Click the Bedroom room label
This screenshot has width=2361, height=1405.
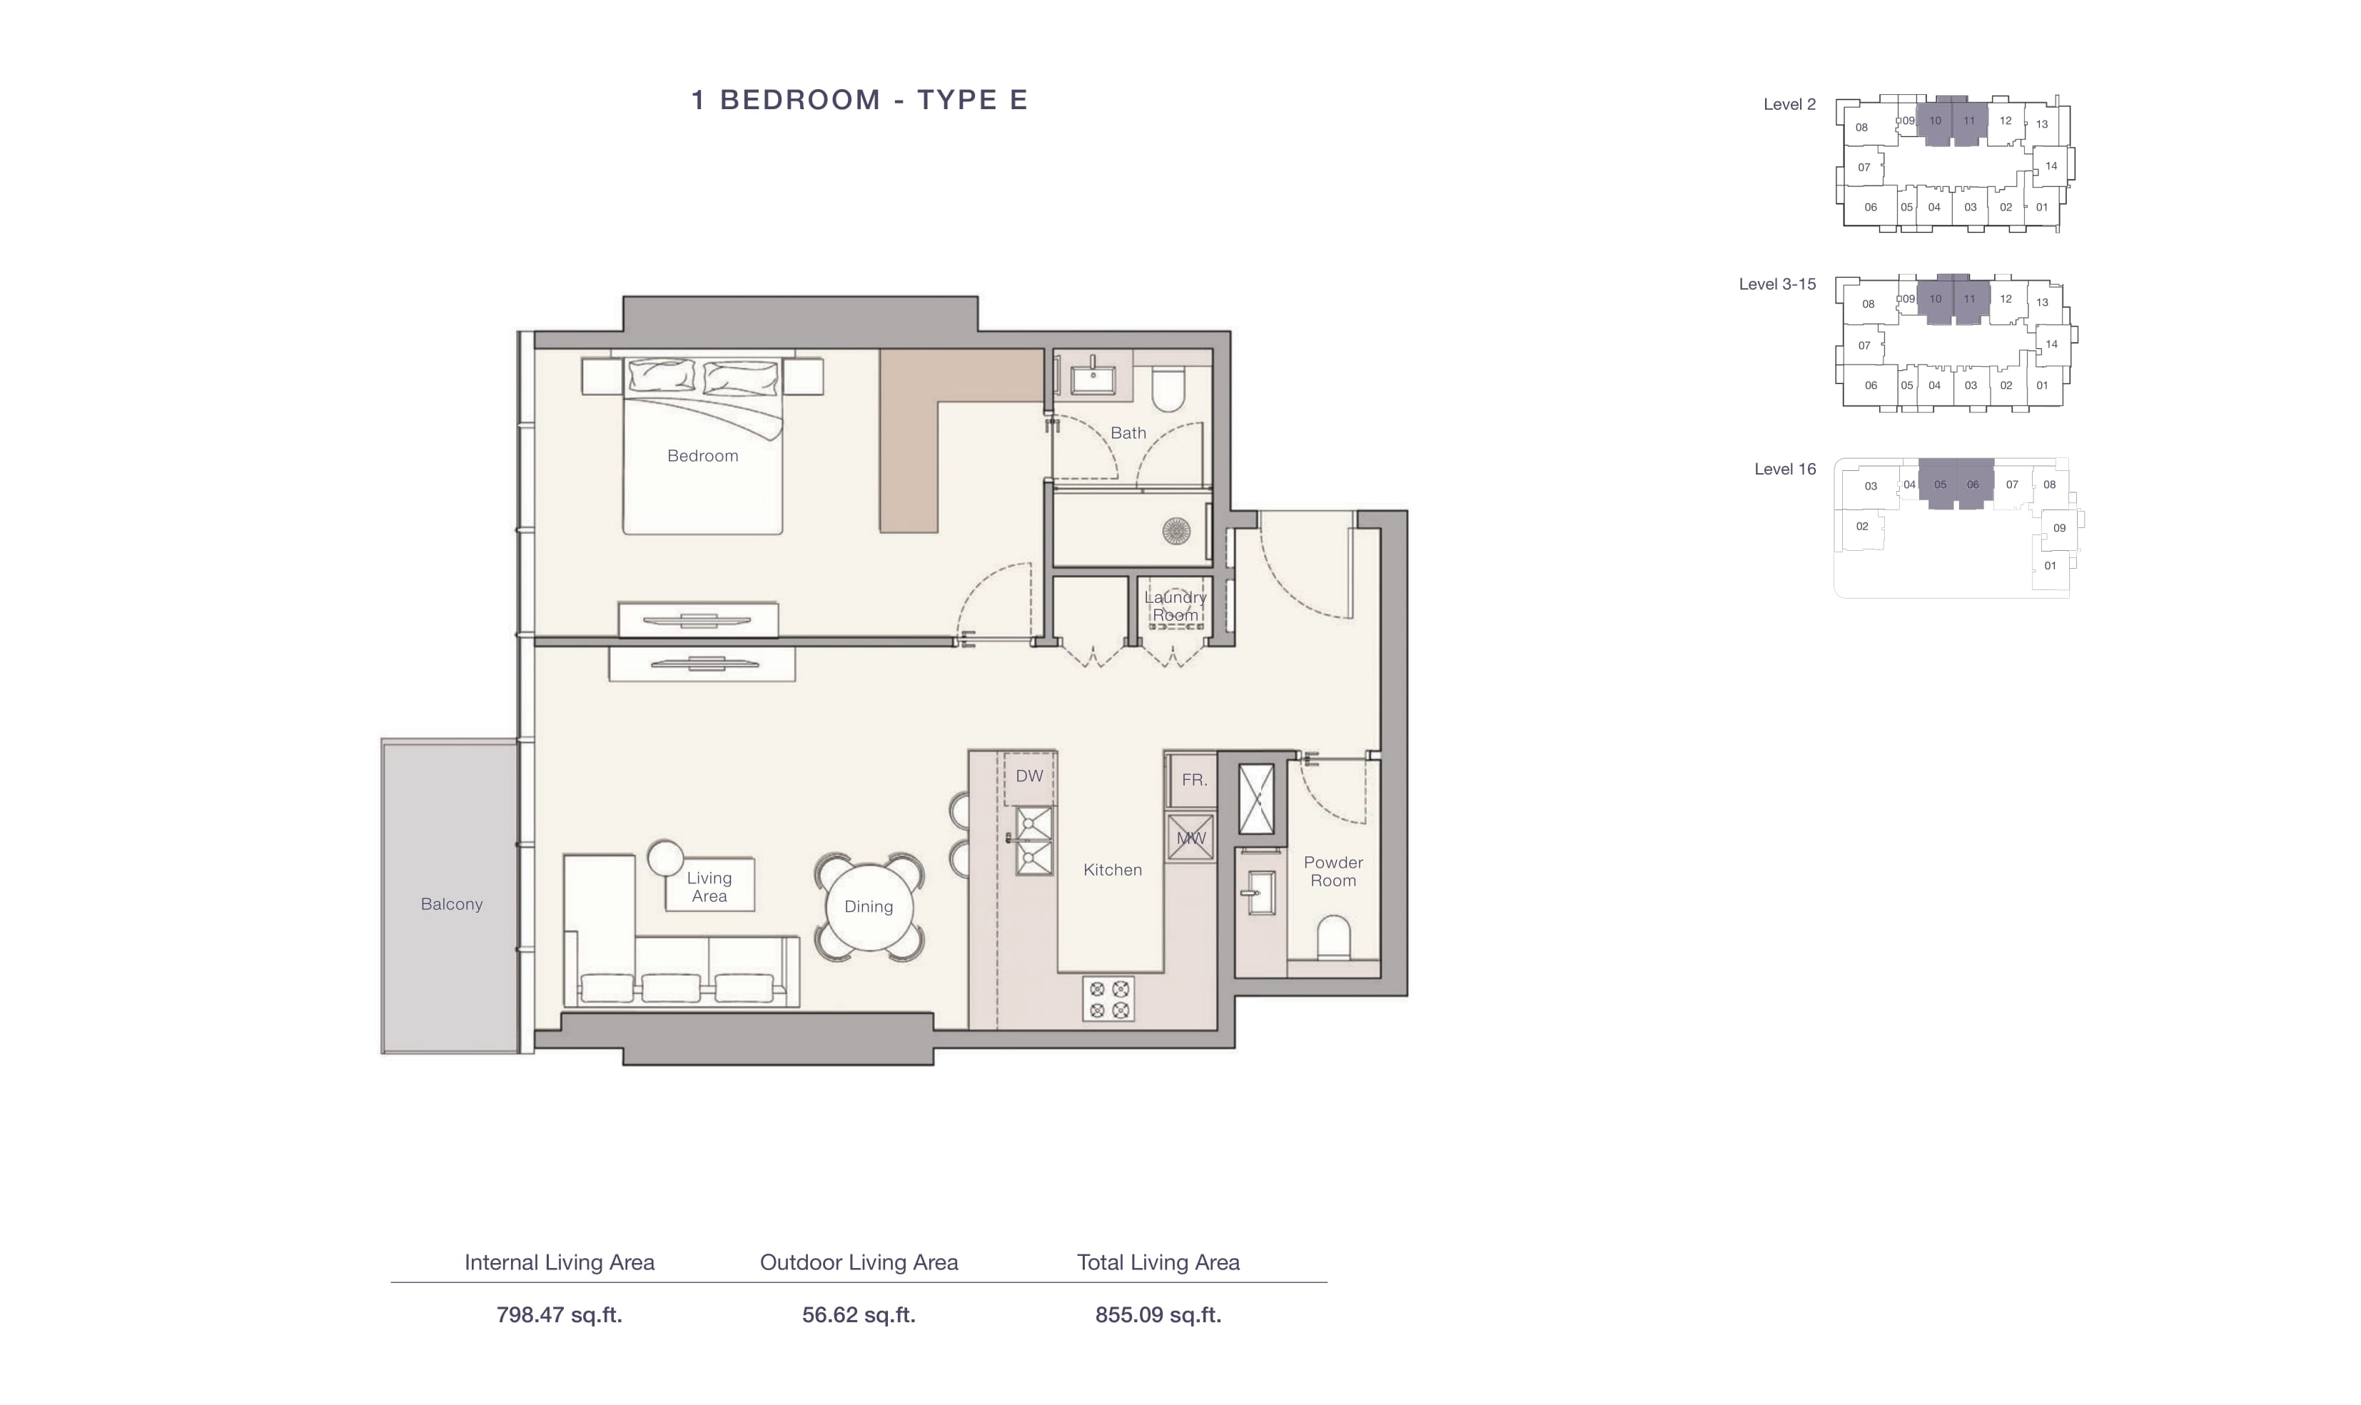(x=702, y=455)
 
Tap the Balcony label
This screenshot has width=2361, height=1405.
(x=452, y=904)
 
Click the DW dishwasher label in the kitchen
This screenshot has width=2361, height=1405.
(x=1029, y=776)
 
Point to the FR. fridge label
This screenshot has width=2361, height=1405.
(x=1194, y=780)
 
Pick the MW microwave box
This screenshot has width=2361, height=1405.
(x=1190, y=838)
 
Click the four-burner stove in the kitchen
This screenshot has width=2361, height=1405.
(x=1108, y=1000)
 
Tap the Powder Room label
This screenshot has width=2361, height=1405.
(x=1333, y=871)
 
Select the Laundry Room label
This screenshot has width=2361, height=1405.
(x=1176, y=606)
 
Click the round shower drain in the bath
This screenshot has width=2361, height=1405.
(x=1176, y=530)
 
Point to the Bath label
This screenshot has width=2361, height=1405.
(x=1128, y=432)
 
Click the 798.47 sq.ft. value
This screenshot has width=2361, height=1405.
(x=560, y=1315)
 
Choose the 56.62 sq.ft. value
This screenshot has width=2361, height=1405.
(x=859, y=1315)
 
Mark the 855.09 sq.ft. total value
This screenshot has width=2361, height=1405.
(x=1158, y=1315)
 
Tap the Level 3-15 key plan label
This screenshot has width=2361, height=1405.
(x=1777, y=284)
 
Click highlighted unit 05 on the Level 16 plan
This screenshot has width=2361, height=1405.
(x=1940, y=485)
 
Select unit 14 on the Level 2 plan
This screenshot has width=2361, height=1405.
(x=2051, y=166)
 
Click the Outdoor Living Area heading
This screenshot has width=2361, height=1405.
(x=859, y=1262)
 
